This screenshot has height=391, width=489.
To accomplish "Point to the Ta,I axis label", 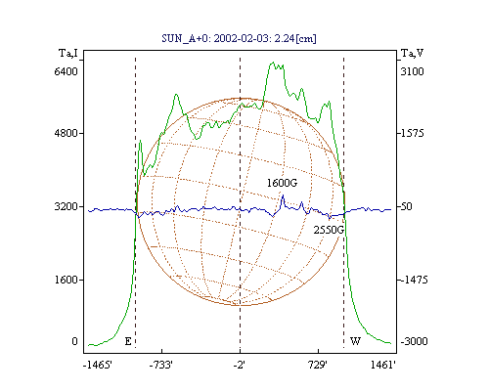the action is (x=68, y=53).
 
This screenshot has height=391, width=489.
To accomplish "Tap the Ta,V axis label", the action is (x=412, y=53).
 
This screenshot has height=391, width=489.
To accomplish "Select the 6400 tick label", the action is (x=67, y=71).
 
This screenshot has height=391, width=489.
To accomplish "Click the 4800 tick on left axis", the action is (x=67, y=133).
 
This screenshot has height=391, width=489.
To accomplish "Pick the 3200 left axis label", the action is (x=67, y=206).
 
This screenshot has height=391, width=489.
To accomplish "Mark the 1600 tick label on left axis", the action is (x=67, y=280).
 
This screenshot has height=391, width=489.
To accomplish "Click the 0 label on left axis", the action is (x=74, y=341).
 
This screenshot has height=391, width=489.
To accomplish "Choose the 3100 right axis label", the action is (x=413, y=71).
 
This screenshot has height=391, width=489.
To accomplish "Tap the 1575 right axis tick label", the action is (x=413, y=133).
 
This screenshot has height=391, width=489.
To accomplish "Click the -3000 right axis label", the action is (x=414, y=341).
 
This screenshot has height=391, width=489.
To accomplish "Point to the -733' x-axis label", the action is (x=161, y=366).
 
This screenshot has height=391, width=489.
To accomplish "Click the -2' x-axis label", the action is (x=240, y=366).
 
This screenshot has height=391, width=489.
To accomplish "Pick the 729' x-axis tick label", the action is (x=317, y=366).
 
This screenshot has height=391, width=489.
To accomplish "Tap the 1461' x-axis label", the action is (x=383, y=366).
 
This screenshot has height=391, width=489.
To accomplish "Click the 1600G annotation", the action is (x=283, y=183).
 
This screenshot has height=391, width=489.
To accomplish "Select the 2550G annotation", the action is (x=329, y=230).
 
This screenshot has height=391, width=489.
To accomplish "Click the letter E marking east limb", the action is (x=128, y=341).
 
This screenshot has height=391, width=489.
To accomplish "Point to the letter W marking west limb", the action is (x=355, y=341).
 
